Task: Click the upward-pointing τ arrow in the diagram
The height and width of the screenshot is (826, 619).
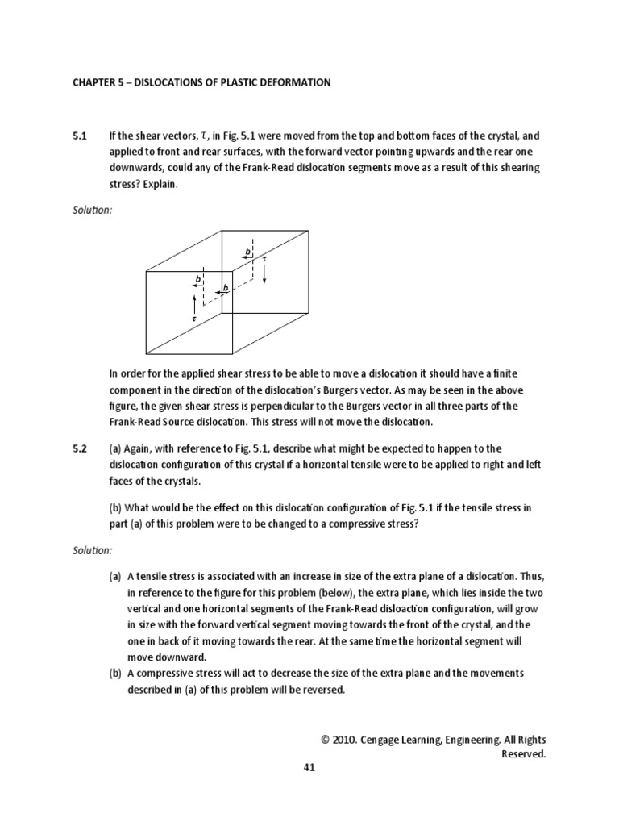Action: tap(194, 304)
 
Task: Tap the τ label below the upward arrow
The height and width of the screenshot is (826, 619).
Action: tap(194, 319)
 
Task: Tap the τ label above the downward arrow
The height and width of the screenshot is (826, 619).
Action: tap(264, 259)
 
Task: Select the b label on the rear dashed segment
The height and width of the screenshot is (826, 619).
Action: tap(248, 252)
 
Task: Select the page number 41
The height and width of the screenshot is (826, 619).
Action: tap(309, 767)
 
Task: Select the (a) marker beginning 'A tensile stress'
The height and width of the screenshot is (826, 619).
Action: tap(117, 578)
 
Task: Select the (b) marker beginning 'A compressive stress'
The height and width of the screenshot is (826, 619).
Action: tap(117, 672)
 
